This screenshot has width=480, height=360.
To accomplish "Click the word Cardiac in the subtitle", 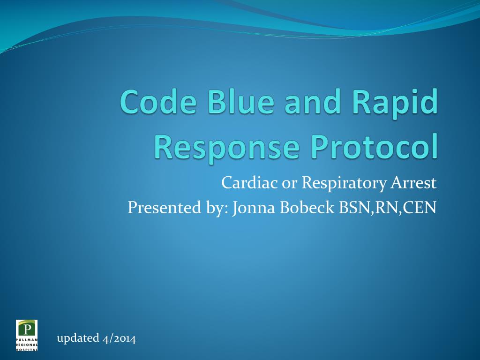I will point(249,182).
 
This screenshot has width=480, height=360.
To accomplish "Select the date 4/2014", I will point(119,338).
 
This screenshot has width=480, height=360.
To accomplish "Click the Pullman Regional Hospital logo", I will point(27,335).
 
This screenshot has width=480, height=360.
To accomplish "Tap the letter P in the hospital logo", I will point(27,328).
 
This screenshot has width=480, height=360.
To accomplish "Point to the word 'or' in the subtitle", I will point(286,182).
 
